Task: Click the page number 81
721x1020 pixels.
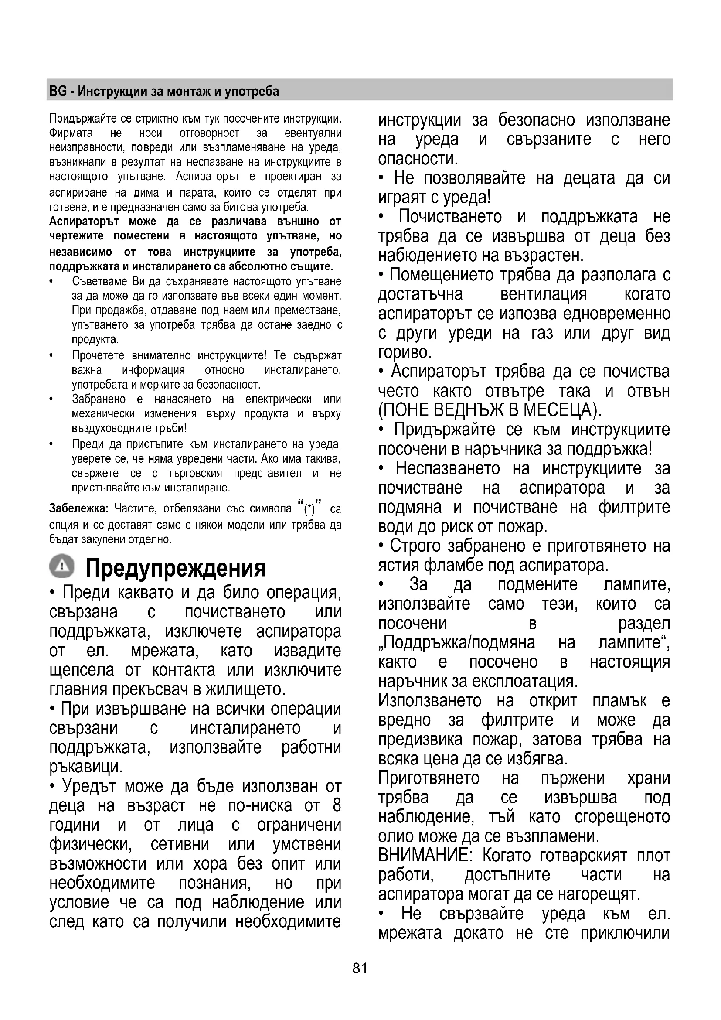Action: [x=360, y=968]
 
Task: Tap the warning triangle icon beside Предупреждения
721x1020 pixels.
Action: [x=62, y=566]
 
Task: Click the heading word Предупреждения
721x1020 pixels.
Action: [x=175, y=568]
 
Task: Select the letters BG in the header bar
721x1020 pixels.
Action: [x=58, y=91]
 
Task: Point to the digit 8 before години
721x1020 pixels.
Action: [x=337, y=806]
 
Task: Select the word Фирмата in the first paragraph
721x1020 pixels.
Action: [x=71, y=133]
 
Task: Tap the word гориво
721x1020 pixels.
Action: [x=405, y=352]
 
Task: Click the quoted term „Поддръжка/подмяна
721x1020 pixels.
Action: [x=457, y=643]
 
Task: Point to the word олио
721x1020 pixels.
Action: [x=396, y=836]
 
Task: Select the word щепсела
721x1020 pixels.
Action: [x=82, y=670]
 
